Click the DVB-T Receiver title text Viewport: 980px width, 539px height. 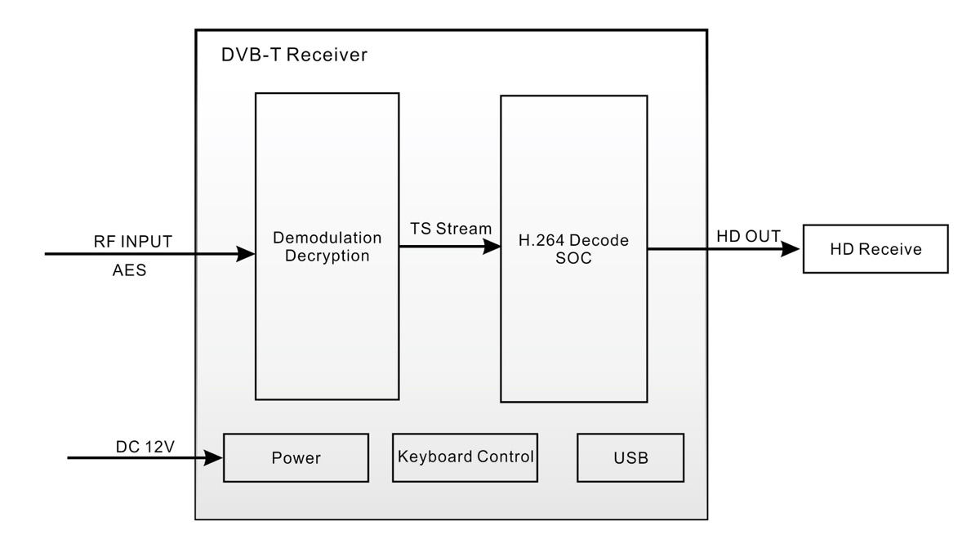pos(294,55)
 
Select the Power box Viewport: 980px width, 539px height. pos(296,457)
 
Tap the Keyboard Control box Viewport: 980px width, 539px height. pos(465,457)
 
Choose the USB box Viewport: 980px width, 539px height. pos(630,457)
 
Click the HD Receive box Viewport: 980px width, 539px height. pos(875,249)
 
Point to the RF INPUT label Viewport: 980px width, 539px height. pos(133,242)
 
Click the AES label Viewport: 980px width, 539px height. pos(129,270)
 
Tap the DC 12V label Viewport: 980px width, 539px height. pos(145,447)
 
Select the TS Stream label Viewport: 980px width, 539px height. pos(451,229)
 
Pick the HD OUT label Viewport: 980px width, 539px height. pos(748,236)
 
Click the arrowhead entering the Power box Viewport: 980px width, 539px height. pos(214,458)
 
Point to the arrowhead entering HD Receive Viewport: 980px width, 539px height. pos(791,249)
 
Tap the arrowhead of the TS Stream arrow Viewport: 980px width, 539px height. pos(492,247)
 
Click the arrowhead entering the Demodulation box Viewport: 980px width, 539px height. pos(246,254)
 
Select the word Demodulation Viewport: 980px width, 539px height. pos(327,238)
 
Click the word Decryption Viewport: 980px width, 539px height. pos(327,256)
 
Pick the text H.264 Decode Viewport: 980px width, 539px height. pos(573,240)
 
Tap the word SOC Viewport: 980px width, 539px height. pos(573,258)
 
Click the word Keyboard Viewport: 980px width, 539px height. pos(434,457)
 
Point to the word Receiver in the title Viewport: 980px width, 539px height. pos(327,55)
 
